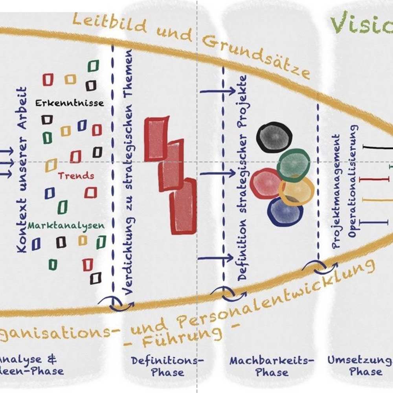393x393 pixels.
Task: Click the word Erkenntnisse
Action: point(70,103)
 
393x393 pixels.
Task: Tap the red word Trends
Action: point(76,175)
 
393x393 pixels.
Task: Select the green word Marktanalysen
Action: point(66,226)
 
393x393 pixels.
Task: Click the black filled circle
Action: point(274,137)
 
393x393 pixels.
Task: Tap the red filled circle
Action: point(266,183)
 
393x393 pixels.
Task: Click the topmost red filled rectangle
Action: point(156,139)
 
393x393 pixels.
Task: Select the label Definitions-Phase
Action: point(167,366)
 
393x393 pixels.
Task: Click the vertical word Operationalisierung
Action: point(353,181)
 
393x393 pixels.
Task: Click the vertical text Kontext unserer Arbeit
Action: point(22,169)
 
